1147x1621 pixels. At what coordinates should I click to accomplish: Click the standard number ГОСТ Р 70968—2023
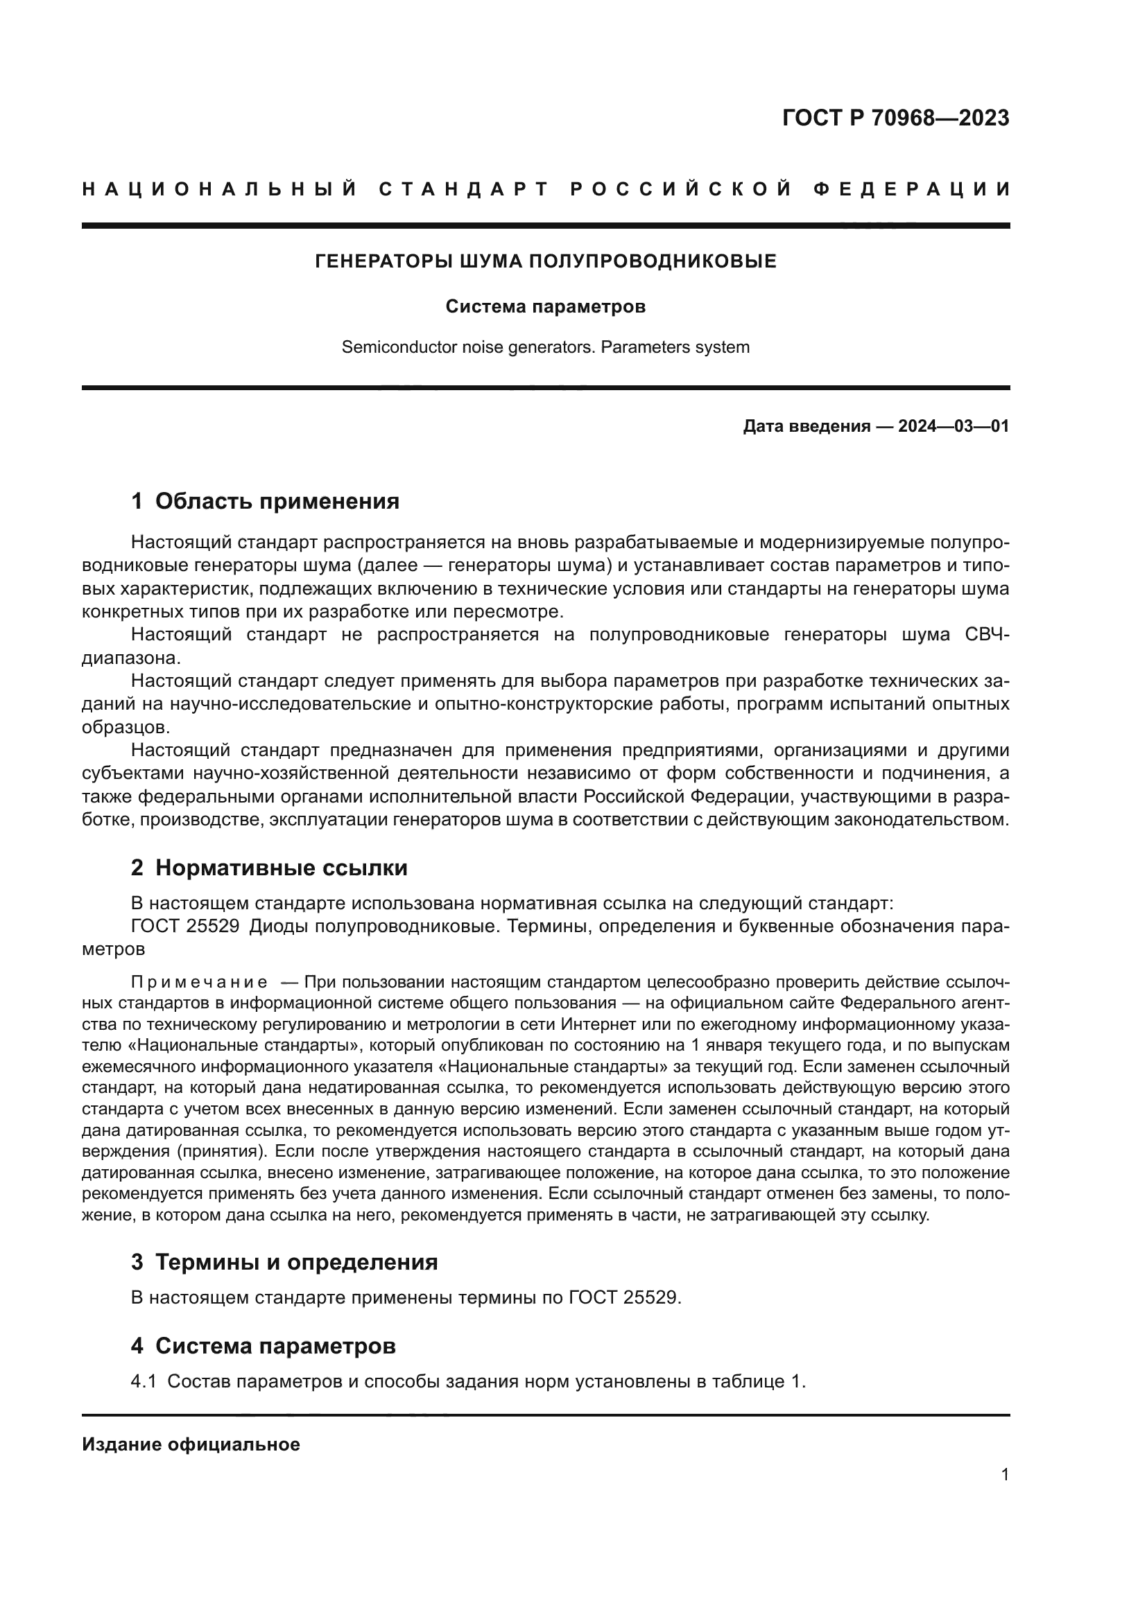coord(895,118)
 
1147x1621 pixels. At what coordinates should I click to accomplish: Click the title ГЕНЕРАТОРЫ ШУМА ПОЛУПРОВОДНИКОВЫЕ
coord(545,261)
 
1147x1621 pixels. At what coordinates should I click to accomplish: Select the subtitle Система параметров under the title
coord(545,307)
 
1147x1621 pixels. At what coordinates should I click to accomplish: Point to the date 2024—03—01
coord(953,426)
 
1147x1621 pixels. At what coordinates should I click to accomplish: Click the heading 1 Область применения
coord(265,501)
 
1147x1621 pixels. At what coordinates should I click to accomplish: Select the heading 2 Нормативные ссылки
coord(269,868)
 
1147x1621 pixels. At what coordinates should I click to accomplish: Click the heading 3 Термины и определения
coord(284,1261)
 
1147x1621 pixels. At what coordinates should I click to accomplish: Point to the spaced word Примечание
coord(199,982)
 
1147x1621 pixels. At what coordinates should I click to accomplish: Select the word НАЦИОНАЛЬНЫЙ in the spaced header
coord(220,189)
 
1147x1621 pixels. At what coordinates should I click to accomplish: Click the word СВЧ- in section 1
coord(987,635)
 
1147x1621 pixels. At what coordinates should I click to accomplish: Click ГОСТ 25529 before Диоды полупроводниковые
coord(185,927)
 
